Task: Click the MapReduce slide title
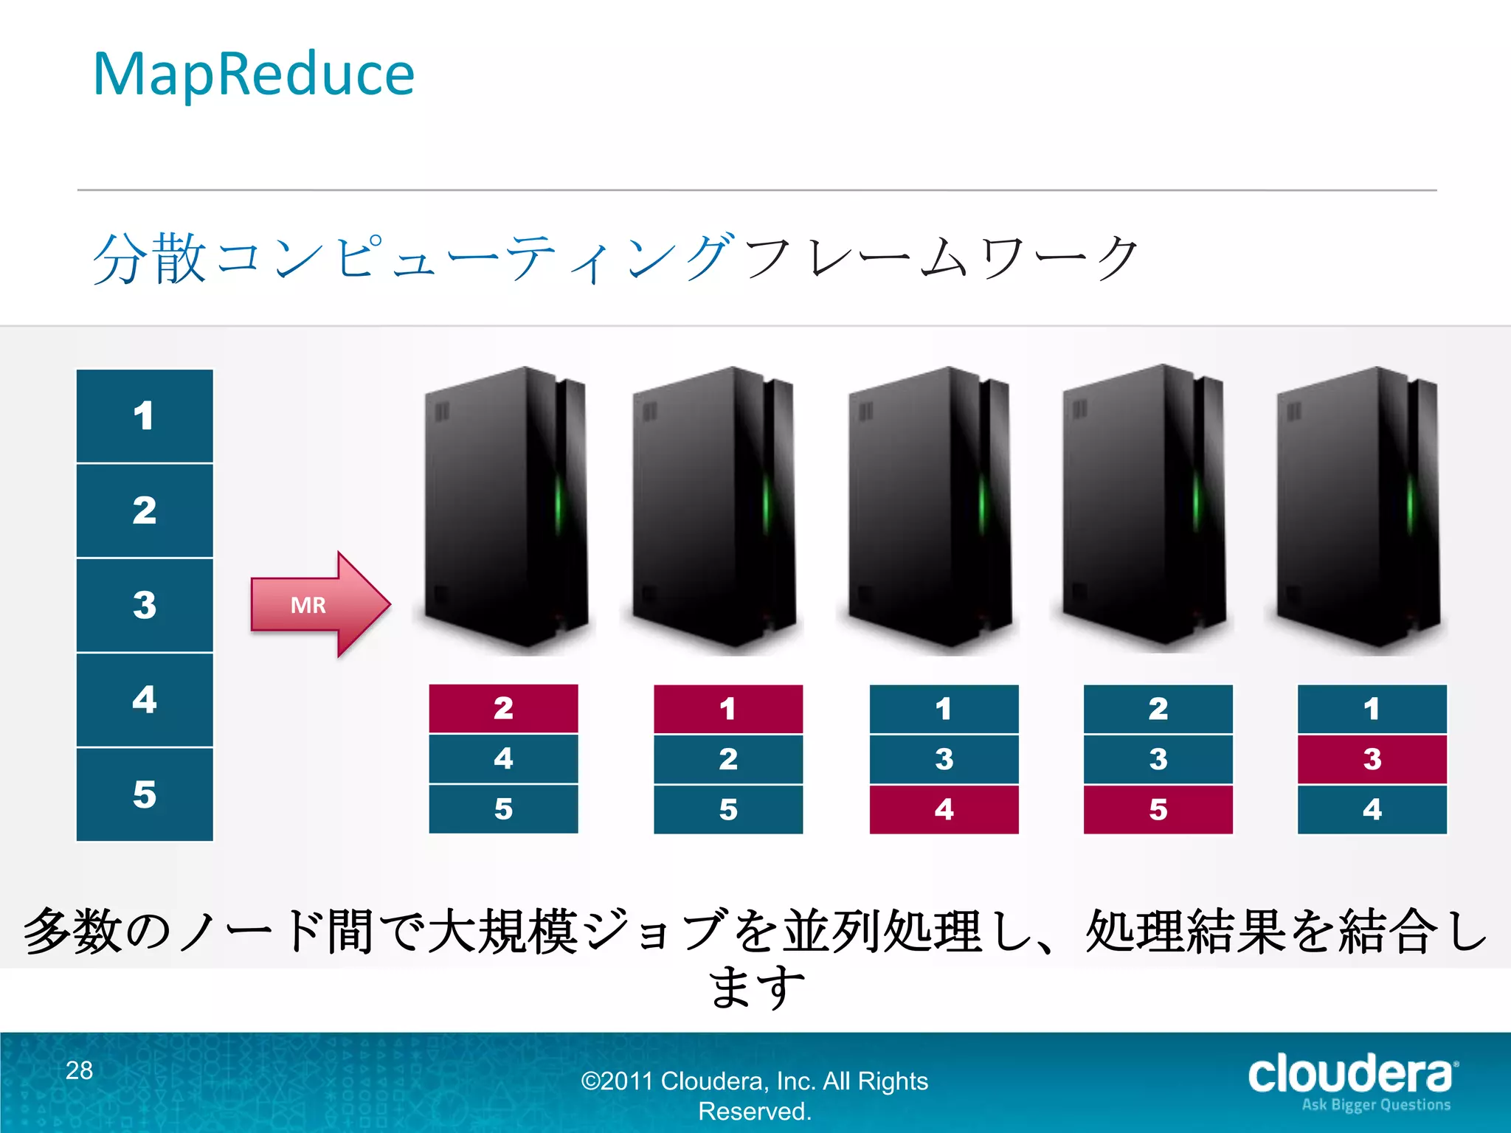pyautogui.click(x=254, y=75)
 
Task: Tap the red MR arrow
pyautogui.click(x=317, y=605)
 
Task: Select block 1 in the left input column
pyautogui.click(x=145, y=416)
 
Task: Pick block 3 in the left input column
pyautogui.click(x=145, y=605)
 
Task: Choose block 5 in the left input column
pyautogui.click(x=145, y=794)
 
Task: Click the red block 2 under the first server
pyautogui.click(x=503, y=708)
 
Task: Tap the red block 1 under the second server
pyautogui.click(x=727, y=709)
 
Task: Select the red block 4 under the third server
pyautogui.click(x=944, y=809)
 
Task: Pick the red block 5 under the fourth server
pyautogui.click(x=1158, y=809)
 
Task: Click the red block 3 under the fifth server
pyautogui.click(x=1372, y=759)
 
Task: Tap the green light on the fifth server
pyautogui.click(x=1410, y=505)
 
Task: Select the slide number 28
pyautogui.click(x=80, y=1070)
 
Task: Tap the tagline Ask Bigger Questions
pyautogui.click(x=1376, y=1105)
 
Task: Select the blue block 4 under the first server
pyautogui.click(x=503, y=758)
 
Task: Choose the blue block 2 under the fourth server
pyautogui.click(x=1158, y=709)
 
